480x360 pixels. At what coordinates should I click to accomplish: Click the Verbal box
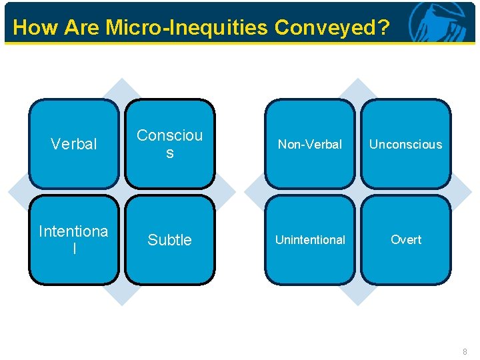click(x=74, y=144)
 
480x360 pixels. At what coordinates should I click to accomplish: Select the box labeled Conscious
click(x=170, y=144)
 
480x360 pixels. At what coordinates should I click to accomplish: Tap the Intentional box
click(x=74, y=239)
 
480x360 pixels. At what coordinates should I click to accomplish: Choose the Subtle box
click(x=170, y=239)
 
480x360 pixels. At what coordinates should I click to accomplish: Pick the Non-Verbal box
click(x=310, y=144)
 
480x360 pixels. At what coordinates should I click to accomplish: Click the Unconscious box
click(x=406, y=144)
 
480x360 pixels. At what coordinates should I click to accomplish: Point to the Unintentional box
click(x=310, y=239)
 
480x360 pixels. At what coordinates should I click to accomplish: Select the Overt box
click(x=406, y=239)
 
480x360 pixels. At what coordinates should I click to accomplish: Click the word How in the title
click(x=31, y=27)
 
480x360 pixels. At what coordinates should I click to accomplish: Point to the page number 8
click(x=465, y=351)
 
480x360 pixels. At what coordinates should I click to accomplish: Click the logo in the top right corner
click(x=438, y=22)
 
